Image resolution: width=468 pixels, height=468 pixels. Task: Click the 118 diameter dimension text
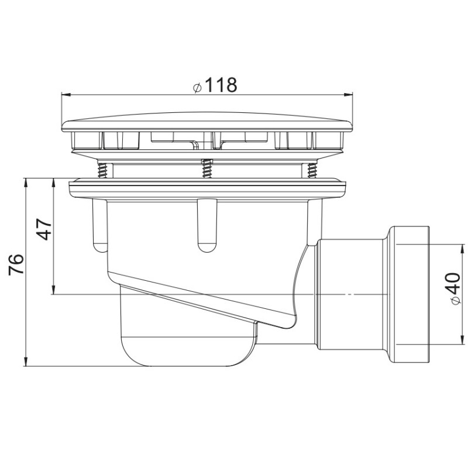click(221, 85)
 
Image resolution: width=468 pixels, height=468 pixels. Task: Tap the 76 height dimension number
click(16, 264)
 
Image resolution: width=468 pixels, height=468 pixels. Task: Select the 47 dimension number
click(45, 229)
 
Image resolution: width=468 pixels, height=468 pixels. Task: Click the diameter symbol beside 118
click(197, 88)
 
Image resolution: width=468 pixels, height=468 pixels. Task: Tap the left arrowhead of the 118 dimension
click(66, 95)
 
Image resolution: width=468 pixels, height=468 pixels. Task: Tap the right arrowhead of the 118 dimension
click(348, 95)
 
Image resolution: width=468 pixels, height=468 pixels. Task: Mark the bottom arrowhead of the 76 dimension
click(26, 361)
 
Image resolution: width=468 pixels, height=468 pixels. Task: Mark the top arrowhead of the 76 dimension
click(26, 183)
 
